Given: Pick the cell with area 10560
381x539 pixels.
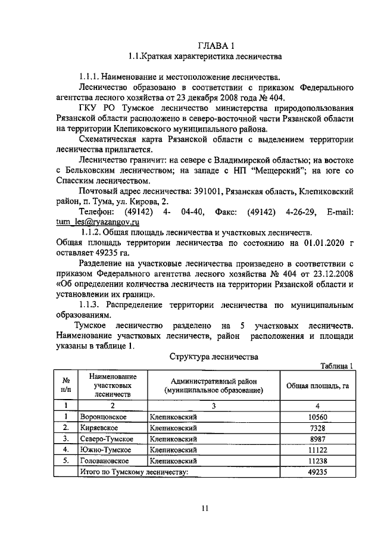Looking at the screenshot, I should click(x=318, y=417).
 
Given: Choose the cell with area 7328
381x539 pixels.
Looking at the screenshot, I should click(x=318, y=428).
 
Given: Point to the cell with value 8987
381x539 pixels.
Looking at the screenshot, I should click(x=318, y=439).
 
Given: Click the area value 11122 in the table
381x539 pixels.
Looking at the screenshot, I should click(x=318, y=450).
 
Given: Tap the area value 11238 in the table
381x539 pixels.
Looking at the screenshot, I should click(x=318, y=460).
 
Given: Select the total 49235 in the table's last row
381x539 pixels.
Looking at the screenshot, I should click(x=318, y=472).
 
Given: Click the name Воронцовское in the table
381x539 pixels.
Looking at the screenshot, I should click(x=104, y=417).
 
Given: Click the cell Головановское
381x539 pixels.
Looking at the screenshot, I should click(x=105, y=460).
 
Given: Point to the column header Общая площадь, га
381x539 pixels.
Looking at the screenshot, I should click(x=318, y=385).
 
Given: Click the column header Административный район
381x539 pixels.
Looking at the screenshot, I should click(x=214, y=381).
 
